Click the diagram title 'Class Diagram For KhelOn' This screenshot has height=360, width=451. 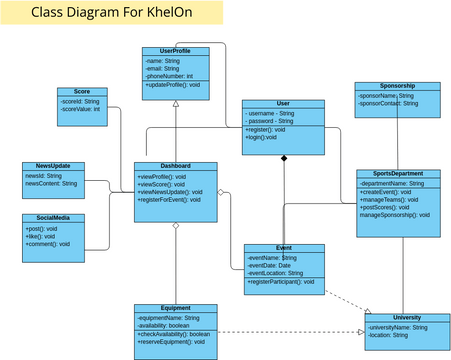pos(96,14)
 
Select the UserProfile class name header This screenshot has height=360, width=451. pos(175,50)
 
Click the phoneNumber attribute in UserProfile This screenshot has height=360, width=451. pos(170,76)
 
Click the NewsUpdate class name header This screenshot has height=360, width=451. pos(52,166)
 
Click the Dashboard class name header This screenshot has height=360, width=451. pos(175,166)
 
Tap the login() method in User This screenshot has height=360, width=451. pos(260,137)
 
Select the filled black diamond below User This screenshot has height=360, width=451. pos(284,158)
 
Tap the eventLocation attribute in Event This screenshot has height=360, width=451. pos(275,273)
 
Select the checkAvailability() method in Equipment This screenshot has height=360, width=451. pos(174,334)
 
